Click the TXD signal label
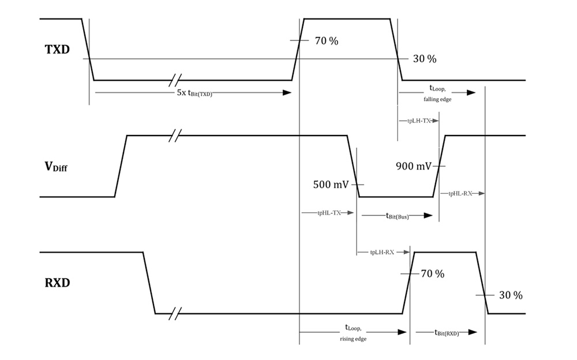pos(57,50)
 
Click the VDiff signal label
pos(56,167)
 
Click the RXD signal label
pos(58,283)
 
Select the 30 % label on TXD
pos(424,59)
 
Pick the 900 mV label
pos(413,167)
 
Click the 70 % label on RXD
pos(432,273)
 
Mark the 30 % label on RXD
pos(511,295)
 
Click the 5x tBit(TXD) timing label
pos(194,93)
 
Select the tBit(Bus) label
pos(397,216)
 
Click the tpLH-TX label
pos(415,121)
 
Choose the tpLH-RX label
pos(382,252)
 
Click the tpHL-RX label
pos(460,193)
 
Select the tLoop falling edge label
pos(440,93)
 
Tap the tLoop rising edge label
pos(354,333)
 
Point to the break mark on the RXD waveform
pos(175,314)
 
